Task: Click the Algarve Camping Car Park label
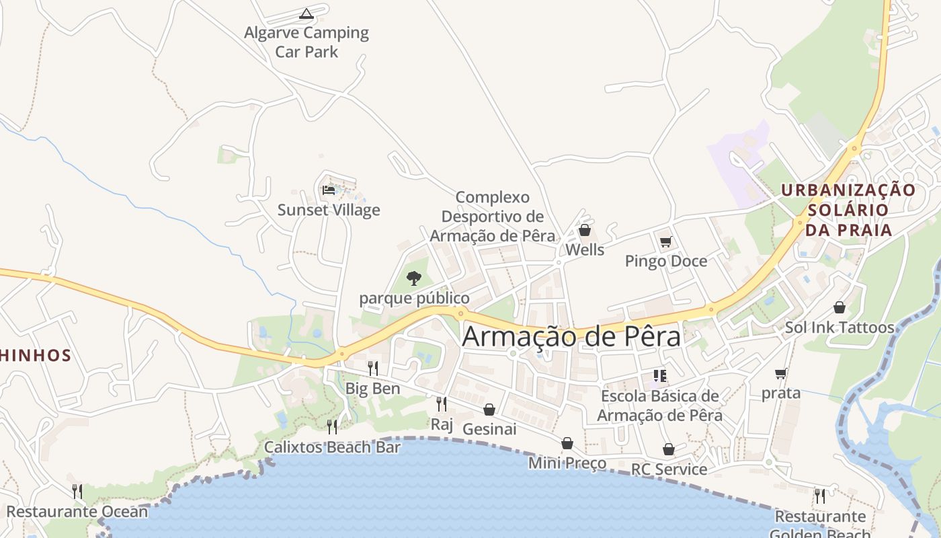tap(306, 42)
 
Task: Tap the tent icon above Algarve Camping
tap(306, 13)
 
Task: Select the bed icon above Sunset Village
tap(329, 190)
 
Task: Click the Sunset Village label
tap(329, 210)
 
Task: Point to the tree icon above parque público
tap(414, 278)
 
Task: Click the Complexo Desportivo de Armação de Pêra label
tap(493, 217)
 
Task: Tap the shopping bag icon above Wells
tap(585, 230)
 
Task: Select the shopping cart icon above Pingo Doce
tap(665, 241)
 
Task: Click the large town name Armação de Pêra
tap(571, 337)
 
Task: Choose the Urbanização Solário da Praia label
tap(848, 210)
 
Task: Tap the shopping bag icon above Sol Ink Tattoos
tap(840, 307)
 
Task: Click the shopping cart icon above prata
tap(780, 373)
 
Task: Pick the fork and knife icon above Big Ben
tap(372, 368)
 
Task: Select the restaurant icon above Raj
tap(442, 403)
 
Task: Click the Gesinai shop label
tap(489, 429)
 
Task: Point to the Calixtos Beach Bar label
tap(332, 447)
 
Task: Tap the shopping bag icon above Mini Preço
tap(567, 443)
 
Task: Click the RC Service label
tap(669, 469)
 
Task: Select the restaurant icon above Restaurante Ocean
tap(77, 492)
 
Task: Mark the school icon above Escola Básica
tap(659, 376)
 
